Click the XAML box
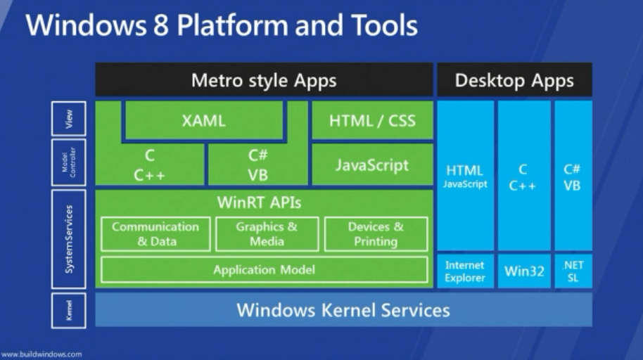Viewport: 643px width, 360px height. pyautogui.click(x=204, y=120)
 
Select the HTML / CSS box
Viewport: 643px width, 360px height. pyautogui.click(x=372, y=120)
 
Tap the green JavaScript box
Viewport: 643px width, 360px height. pyautogui.click(x=372, y=165)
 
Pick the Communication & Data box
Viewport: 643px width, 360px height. pyautogui.click(x=155, y=233)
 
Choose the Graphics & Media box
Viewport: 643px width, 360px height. pyautogui.click(x=267, y=233)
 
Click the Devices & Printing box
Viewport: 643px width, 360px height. pyautogui.click(x=376, y=233)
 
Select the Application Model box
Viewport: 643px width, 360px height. pyautogui.click(x=264, y=270)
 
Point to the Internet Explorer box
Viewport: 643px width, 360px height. pyautogui.click(x=466, y=271)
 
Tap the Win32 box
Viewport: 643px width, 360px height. pyautogui.click(x=525, y=271)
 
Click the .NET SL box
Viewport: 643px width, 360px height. pyautogui.click(x=573, y=271)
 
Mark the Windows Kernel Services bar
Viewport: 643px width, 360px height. pyautogui.click(x=343, y=309)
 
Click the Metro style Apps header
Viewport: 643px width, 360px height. pyautogui.click(x=264, y=80)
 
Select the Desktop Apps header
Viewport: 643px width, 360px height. pyautogui.click(x=515, y=80)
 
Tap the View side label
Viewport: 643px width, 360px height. pyautogui.click(x=68, y=119)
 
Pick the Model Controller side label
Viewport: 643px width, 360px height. pyautogui.click(x=68, y=162)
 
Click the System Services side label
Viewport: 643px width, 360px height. pyautogui.click(x=68, y=239)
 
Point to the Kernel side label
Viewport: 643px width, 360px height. pyautogui.click(x=68, y=310)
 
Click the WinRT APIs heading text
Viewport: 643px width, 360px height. pyautogui.click(x=259, y=202)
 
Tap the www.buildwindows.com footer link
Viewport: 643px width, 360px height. pyautogui.click(x=41, y=354)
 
